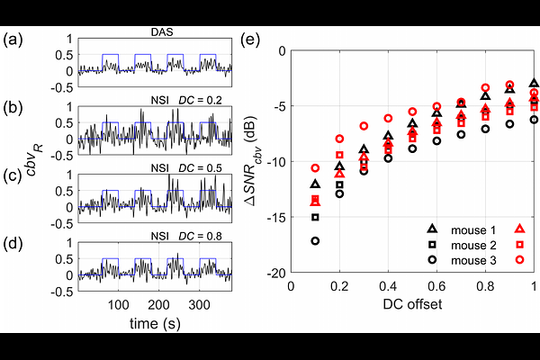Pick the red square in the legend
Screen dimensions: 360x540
click(519, 244)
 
